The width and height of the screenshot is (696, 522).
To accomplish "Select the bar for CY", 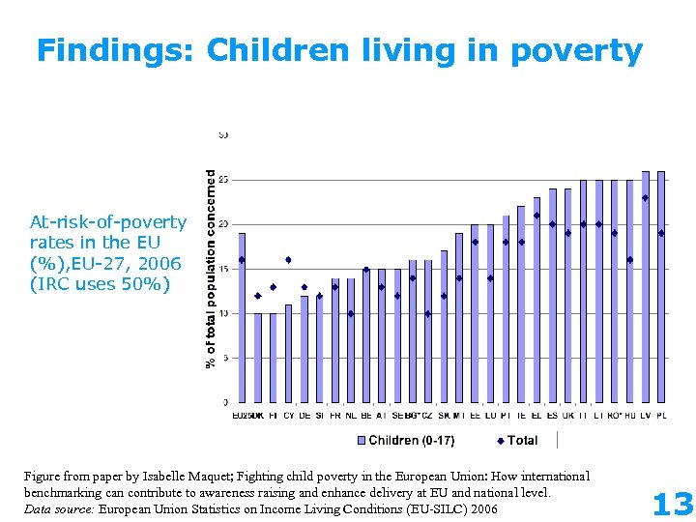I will click(288, 353).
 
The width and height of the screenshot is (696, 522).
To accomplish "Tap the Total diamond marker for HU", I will click(630, 259).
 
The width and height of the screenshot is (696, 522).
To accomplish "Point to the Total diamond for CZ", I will click(428, 313).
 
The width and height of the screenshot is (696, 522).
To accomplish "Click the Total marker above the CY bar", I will click(288, 260).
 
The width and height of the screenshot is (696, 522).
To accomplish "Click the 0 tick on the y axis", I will click(225, 402).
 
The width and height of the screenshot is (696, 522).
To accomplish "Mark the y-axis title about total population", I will click(210, 269).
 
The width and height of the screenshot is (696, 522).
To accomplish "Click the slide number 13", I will click(673, 504).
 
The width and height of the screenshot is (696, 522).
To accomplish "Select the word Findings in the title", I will click(115, 50).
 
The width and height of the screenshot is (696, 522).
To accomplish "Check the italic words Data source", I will click(58, 508).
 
